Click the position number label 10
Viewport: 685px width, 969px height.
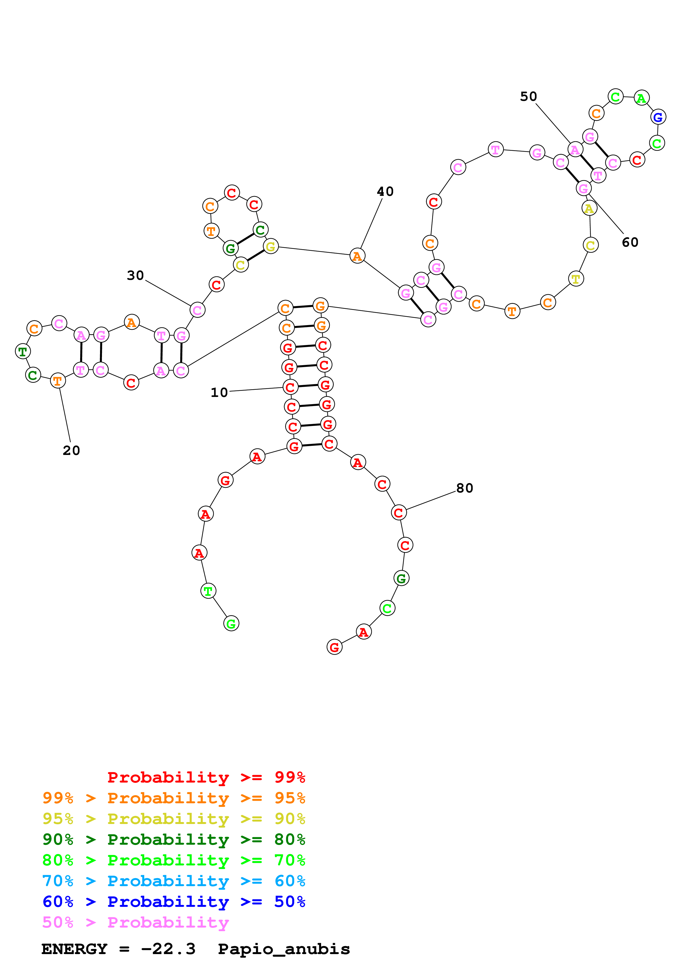click(219, 393)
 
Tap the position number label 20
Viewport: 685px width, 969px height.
click(71, 451)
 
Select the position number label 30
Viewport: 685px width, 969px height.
click(135, 276)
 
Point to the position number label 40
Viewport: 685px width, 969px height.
click(385, 192)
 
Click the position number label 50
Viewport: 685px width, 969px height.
click(528, 97)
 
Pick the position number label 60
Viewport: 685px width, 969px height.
click(630, 242)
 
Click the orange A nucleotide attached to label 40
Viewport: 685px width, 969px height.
click(357, 256)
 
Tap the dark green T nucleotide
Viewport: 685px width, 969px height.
click(23, 351)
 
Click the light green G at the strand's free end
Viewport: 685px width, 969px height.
click(231, 623)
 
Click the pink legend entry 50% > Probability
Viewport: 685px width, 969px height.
click(135, 923)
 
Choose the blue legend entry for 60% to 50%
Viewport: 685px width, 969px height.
click(174, 902)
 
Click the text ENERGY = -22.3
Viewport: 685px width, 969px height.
click(119, 949)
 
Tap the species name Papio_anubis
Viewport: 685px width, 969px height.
click(284, 949)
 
